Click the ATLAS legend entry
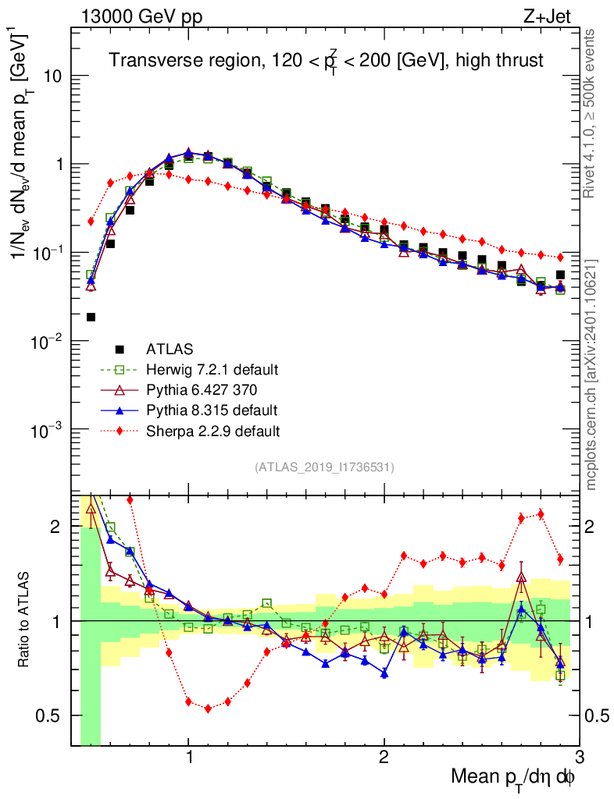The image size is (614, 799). (166, 349)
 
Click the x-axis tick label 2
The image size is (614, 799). (384, 758)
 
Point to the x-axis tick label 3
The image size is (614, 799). (578, 758)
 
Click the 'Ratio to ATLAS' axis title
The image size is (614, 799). (26, 620)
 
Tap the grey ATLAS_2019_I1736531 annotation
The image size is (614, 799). (324, 467)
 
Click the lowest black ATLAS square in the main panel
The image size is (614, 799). (91, 317)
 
